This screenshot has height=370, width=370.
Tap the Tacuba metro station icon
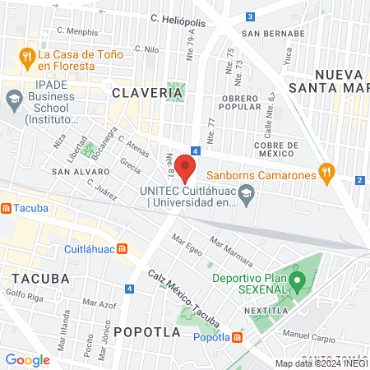pyautogui.click(x=7, y=209)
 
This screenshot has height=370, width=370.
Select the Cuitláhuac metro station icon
pyautogui.click(x=122, y=249)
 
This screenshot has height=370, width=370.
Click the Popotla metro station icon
pyautogui.click(x=238, y=337)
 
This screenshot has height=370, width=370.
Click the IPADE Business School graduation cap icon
pyautogui.click(x=14, y=102)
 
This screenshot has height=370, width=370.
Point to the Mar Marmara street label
pyautogui.click(x=228, y=247)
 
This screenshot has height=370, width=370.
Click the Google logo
pyautogui.click(x=27, y=359)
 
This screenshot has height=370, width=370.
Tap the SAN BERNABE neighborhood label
pyautogui.click(x=267, y=35)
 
